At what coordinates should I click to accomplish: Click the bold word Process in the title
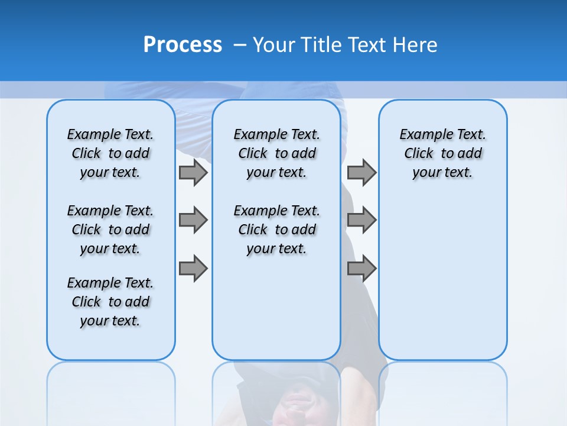coord(183,45)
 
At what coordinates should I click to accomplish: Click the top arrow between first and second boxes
coord(193,173)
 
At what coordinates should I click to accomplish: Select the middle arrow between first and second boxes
coord(193,221)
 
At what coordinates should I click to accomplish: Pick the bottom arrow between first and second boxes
coord(193,268)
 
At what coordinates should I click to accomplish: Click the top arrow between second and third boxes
coord(361,173)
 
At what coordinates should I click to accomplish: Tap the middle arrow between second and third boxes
coord(361,221)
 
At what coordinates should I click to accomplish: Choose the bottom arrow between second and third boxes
coord(361,268)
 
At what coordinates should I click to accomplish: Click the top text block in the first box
coord(110,153)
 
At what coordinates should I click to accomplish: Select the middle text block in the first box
coord(110,230)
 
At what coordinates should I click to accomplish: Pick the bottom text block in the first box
coord(110,302)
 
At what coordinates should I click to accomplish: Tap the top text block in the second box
coord(276,153)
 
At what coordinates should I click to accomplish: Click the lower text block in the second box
coord(276,230)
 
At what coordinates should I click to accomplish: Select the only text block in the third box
coord(442,153)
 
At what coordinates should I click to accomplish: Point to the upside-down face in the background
coord(295,402)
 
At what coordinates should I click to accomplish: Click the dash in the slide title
coord(240,45)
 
